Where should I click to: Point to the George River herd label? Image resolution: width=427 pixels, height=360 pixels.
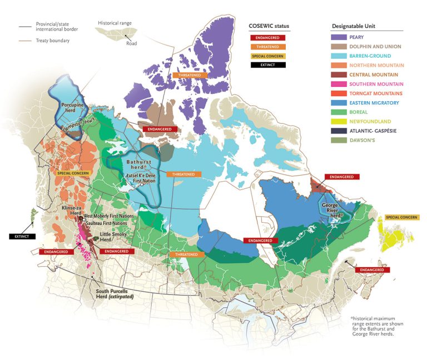[330, 208]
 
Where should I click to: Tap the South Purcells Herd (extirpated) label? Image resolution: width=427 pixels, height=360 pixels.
[115, 294]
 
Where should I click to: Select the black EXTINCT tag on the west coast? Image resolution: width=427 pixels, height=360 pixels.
[22, 236]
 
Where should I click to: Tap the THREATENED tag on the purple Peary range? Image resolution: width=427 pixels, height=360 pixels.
[190, 74]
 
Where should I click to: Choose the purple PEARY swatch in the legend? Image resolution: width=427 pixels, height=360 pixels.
[339, 37]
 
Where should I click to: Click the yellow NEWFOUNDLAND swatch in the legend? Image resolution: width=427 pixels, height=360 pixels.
[339, 121]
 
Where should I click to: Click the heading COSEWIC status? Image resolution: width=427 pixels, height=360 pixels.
[269, 26]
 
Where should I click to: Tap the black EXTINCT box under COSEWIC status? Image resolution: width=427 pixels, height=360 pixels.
[268, 64]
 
